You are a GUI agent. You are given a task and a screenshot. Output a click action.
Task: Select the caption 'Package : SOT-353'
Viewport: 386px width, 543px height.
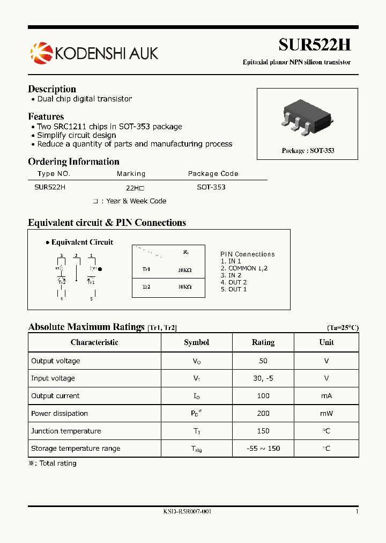click(308, 151)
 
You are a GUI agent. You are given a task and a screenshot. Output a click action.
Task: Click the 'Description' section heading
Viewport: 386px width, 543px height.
click(52, 89)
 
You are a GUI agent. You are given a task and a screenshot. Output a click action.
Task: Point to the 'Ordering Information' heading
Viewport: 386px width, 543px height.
click(73, 162)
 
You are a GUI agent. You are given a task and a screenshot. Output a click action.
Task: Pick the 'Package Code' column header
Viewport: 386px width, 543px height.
click(213, 174)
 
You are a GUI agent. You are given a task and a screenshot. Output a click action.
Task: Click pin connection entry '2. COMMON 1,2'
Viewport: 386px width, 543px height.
click(244, 268)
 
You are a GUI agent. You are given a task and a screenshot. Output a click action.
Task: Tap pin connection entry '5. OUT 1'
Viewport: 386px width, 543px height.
click(234, 289)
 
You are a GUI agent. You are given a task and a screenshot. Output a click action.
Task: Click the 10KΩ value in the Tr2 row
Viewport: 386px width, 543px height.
click(184, 287)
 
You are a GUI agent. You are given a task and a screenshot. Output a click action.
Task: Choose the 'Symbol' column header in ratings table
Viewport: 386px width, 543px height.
click(196, 342)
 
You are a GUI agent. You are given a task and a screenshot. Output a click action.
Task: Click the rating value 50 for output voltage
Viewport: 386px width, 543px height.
click(263, 361)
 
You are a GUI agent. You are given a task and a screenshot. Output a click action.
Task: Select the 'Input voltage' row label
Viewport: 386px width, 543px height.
click(53, 378)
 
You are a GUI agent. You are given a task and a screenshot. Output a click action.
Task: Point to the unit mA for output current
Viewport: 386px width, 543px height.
click(326, 396)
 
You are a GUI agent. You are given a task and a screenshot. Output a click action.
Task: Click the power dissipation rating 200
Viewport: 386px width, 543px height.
click(263, 414)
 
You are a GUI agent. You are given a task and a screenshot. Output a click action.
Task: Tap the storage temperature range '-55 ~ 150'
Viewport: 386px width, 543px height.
click(263, 449)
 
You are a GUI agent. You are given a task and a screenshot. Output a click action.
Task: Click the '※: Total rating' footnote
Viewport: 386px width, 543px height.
click(53, 464)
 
